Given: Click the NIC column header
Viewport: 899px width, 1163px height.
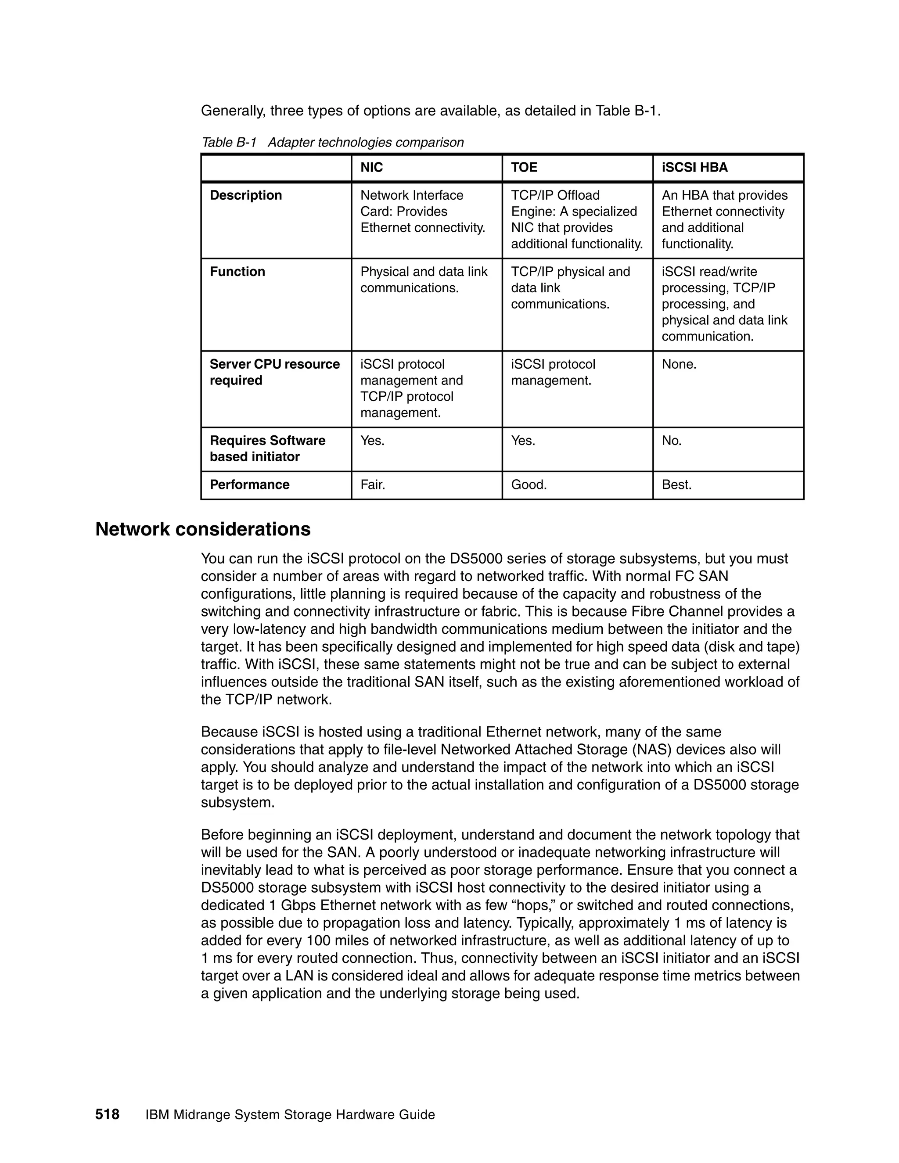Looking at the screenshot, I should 371,168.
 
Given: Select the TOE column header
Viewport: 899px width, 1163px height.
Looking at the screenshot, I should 524,168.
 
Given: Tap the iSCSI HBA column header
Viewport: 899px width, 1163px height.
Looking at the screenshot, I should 694,168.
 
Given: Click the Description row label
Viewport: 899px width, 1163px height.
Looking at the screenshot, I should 245,195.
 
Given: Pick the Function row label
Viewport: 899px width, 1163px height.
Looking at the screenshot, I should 237,272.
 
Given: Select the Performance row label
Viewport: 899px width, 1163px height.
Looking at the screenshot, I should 249,485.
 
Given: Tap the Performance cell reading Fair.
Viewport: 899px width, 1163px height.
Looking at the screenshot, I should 373,485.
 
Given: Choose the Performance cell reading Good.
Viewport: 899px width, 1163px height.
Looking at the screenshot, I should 529,485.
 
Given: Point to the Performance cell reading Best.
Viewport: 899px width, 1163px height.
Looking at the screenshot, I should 676,485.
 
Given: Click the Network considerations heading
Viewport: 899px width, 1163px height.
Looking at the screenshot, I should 203,529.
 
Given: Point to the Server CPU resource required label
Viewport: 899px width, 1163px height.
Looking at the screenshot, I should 274,372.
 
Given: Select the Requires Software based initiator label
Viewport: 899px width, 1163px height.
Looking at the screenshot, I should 267,449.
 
